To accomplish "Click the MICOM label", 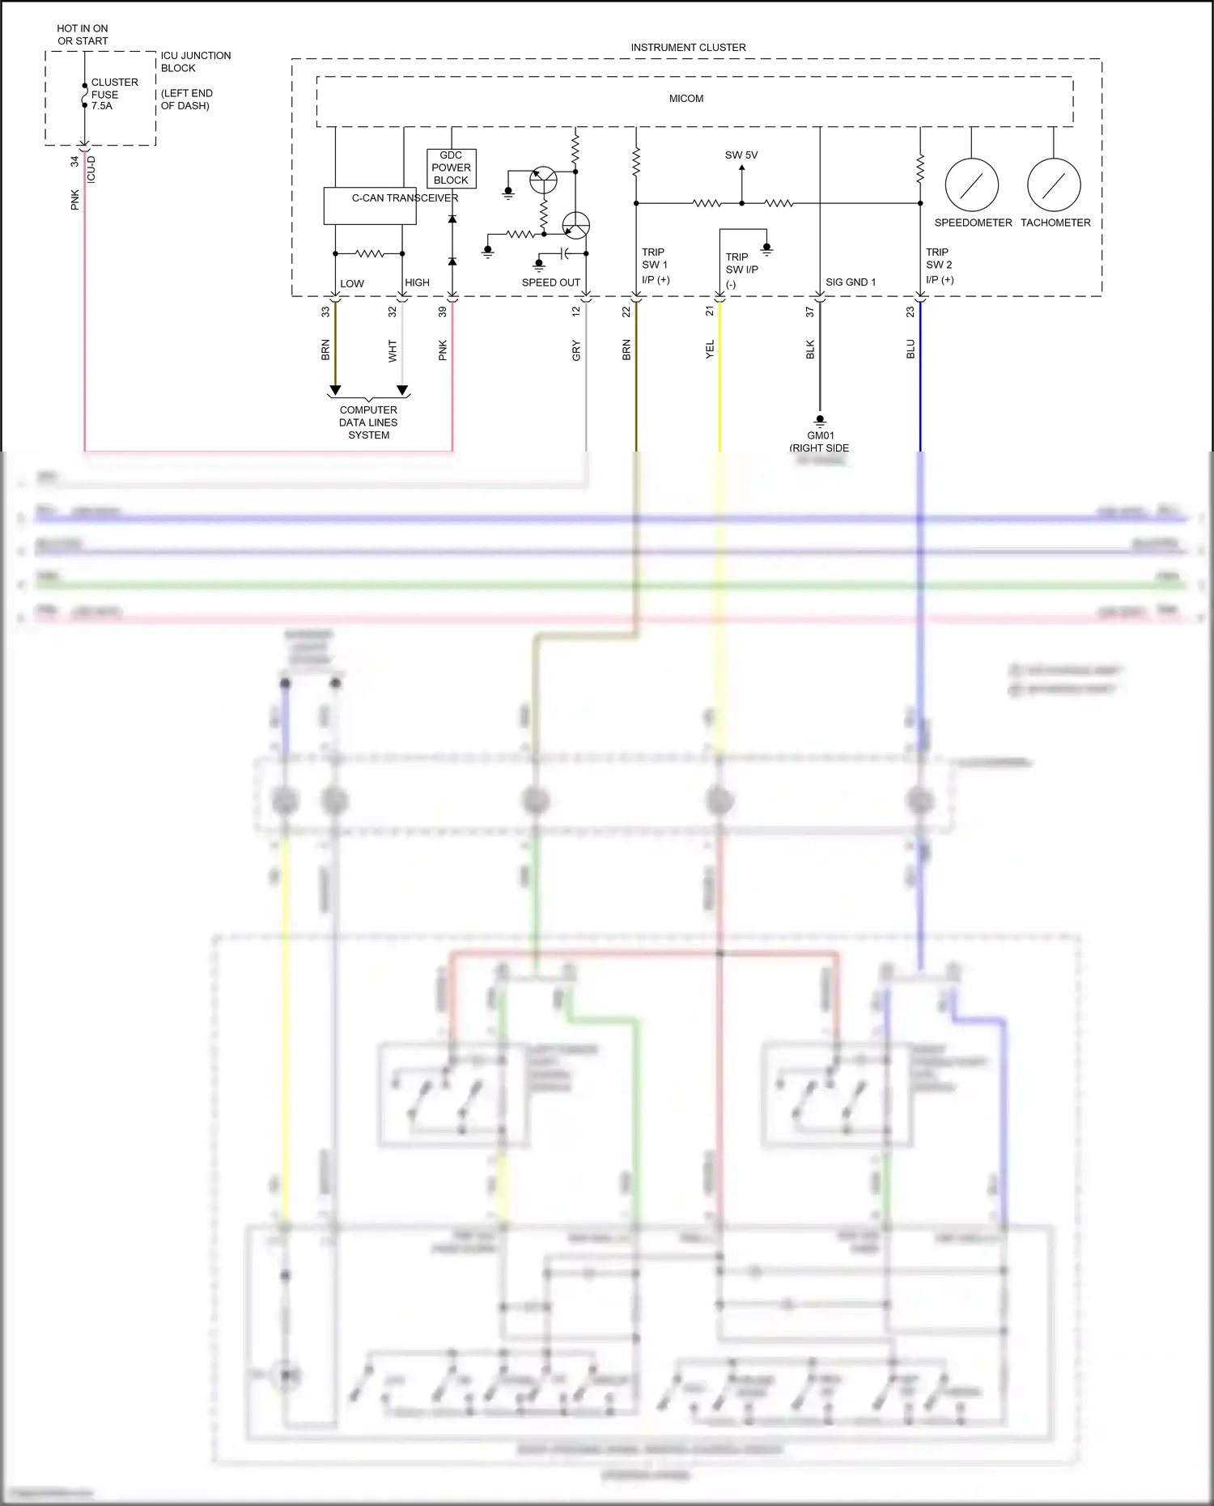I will pyautogui.click(x=686, y=99).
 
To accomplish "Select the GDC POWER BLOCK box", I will pyautogui.click(x=451, y=168).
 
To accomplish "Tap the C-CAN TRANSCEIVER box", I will pyautogui.click(x=370, y=206).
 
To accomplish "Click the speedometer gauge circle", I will pyautogui.click(x=971, y=185).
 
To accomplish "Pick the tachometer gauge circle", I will pyautogui.click(x=1054, y=185).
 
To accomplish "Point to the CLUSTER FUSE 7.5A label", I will pyautogui.click(x=113, y=94).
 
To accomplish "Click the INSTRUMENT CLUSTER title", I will pyautogui.click(x=688, y=48).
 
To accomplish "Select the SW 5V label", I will pyautogui.click(x=741, y=155).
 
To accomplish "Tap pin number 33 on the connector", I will pyautogui.click(x=325, y=312).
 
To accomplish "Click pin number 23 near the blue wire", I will pyautogui.click(x=910, y=312).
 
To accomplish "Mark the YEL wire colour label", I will pyautogui.click(x=710, y=350).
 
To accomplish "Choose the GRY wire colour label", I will pyautogui.click(x=575, y=350).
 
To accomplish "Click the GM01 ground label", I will pyautogui.click(x=820, y=435).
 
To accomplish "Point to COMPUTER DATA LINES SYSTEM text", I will pyautogui.click(x=368, y=422).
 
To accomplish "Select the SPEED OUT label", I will pyautogui.click(x=550, y=282).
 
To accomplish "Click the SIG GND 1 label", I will pyautogui.click(x=850, y=282).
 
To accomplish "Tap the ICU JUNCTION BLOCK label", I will pyautogui.click(x=195, y=62).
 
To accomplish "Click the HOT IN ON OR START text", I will pyautogui.click(x=83, y=35).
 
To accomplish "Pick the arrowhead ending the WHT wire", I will pyautogui.click(x=402, y=390).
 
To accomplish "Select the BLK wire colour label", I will pyautogui.click(x=810, y=350).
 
